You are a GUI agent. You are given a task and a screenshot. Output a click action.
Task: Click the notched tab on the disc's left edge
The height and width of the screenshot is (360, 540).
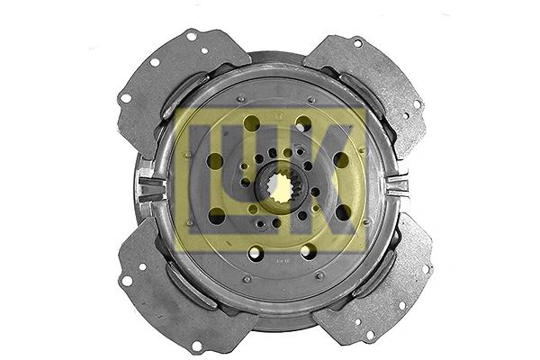point(149,189)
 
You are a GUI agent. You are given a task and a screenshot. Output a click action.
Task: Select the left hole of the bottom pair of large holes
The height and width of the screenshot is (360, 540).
point(256,252)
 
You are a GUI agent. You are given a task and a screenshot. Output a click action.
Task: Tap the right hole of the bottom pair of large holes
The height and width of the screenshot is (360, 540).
point(308,251)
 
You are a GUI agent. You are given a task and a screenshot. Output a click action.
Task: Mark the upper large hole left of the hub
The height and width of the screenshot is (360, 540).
point(215,160)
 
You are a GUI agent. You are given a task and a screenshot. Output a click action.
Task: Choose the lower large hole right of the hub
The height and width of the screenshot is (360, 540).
point(343,213)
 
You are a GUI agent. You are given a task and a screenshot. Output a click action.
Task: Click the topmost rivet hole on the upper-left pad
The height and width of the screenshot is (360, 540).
point(191,37)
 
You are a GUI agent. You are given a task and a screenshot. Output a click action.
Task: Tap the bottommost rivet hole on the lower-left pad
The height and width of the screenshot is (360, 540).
point(196,344)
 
